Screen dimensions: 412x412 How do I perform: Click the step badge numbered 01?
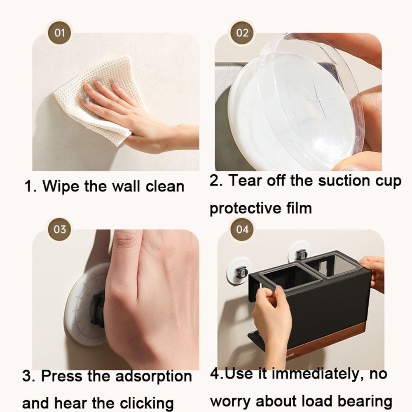coord(59,33)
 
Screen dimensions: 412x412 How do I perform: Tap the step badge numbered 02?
coord(242,33)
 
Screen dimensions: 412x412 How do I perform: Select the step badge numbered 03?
coord(60,229)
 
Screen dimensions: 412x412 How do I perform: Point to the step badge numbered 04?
coord(242,229)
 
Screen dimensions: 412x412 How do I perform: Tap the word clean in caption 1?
coord(165,186)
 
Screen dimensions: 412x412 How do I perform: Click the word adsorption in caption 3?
coord(154,376)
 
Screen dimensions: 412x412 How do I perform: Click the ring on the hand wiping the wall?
coord(86,99)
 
